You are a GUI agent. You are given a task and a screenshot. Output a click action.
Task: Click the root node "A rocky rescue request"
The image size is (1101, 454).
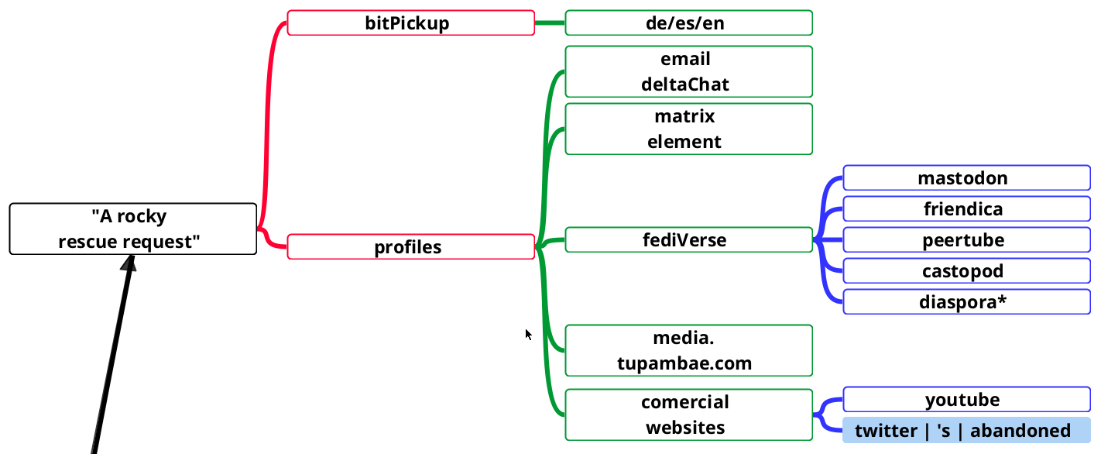[132, 229]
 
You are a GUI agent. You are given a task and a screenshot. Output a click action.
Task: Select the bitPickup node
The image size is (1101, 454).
[410, 22]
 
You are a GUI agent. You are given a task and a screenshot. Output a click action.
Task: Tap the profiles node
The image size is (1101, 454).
[410, 247]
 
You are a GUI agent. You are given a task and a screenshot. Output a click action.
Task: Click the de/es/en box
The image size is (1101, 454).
[688, 22]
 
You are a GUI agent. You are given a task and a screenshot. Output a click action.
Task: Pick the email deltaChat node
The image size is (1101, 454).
[688, 71]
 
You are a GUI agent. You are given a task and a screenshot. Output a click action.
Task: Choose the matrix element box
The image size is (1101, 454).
[688, 129]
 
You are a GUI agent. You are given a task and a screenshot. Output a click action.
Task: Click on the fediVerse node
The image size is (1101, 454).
[688, 239]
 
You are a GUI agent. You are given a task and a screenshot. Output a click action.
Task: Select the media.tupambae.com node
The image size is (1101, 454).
[688, 350]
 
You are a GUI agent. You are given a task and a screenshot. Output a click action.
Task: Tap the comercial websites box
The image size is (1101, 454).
[688, 414]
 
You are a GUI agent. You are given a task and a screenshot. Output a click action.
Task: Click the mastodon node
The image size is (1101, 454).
[966, 177]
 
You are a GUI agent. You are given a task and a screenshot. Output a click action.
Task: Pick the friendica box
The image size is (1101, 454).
[966, 208]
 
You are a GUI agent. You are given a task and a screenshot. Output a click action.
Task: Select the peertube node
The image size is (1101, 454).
[966, 239]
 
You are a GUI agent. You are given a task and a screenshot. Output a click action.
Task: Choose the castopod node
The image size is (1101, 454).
[966, 270]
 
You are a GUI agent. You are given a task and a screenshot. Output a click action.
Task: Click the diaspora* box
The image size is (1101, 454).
[966, 301]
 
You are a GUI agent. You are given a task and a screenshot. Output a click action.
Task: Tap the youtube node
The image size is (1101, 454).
[966, 399]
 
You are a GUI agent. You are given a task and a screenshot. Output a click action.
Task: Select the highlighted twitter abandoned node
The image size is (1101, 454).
[966, 430]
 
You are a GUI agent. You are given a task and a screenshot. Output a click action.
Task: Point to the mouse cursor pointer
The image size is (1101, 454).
[528, 334]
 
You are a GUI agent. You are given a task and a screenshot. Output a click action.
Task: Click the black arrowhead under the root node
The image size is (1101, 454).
[129, 263]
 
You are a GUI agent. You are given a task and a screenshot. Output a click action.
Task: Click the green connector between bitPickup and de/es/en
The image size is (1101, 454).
[550, 22]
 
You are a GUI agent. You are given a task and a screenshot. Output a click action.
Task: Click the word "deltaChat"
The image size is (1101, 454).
[685, 84]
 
